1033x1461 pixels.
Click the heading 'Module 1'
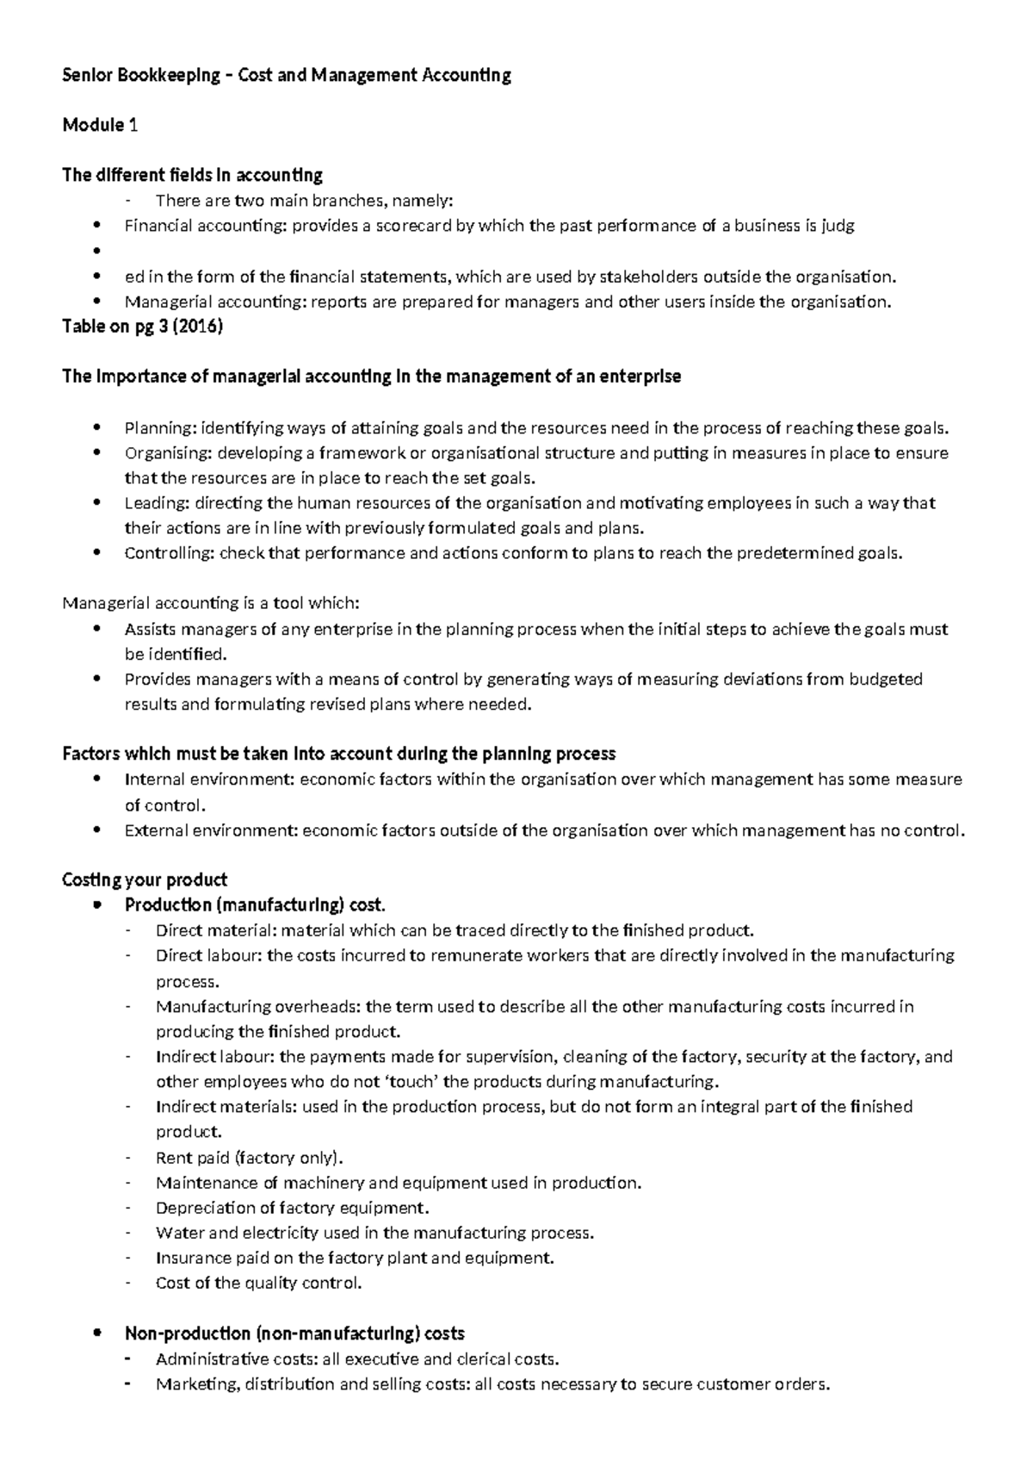pyautogui.click(x=100, y=125)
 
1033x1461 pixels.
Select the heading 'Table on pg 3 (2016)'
pyautogui.click(x=143, y=327)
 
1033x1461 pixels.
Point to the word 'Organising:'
pyautogui.click(x=168, y=453)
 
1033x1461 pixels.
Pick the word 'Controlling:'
pyautogui.click(x=170, y=553)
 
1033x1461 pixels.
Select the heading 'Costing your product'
pyautogui.click(x=145, y=880)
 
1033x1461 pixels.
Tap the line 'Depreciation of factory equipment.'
pyautogui.click(x=292, y=1208)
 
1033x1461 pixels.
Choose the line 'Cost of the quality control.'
pyautogui.click(x=258, y=1283)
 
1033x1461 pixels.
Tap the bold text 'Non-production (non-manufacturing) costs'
pyautogui.click(x=294, y=1334)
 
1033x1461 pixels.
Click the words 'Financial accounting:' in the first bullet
pyautogui.click(x=205, y=227)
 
